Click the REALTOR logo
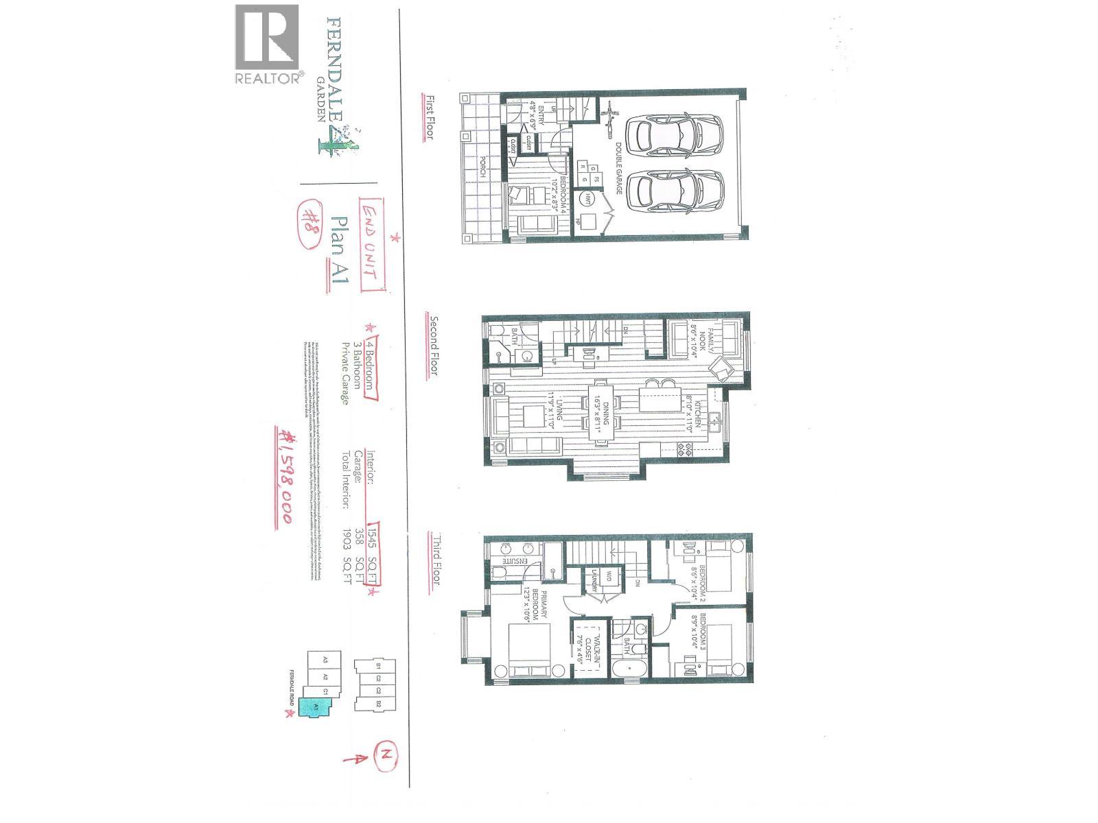click(268, 45)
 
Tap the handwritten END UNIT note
click(371, 243)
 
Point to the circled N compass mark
click(386, 756)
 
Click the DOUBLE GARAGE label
click(618, 168)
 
